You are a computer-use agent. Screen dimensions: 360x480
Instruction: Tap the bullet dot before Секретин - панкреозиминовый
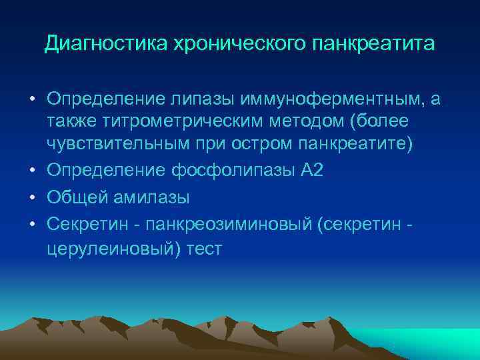[32, 223]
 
